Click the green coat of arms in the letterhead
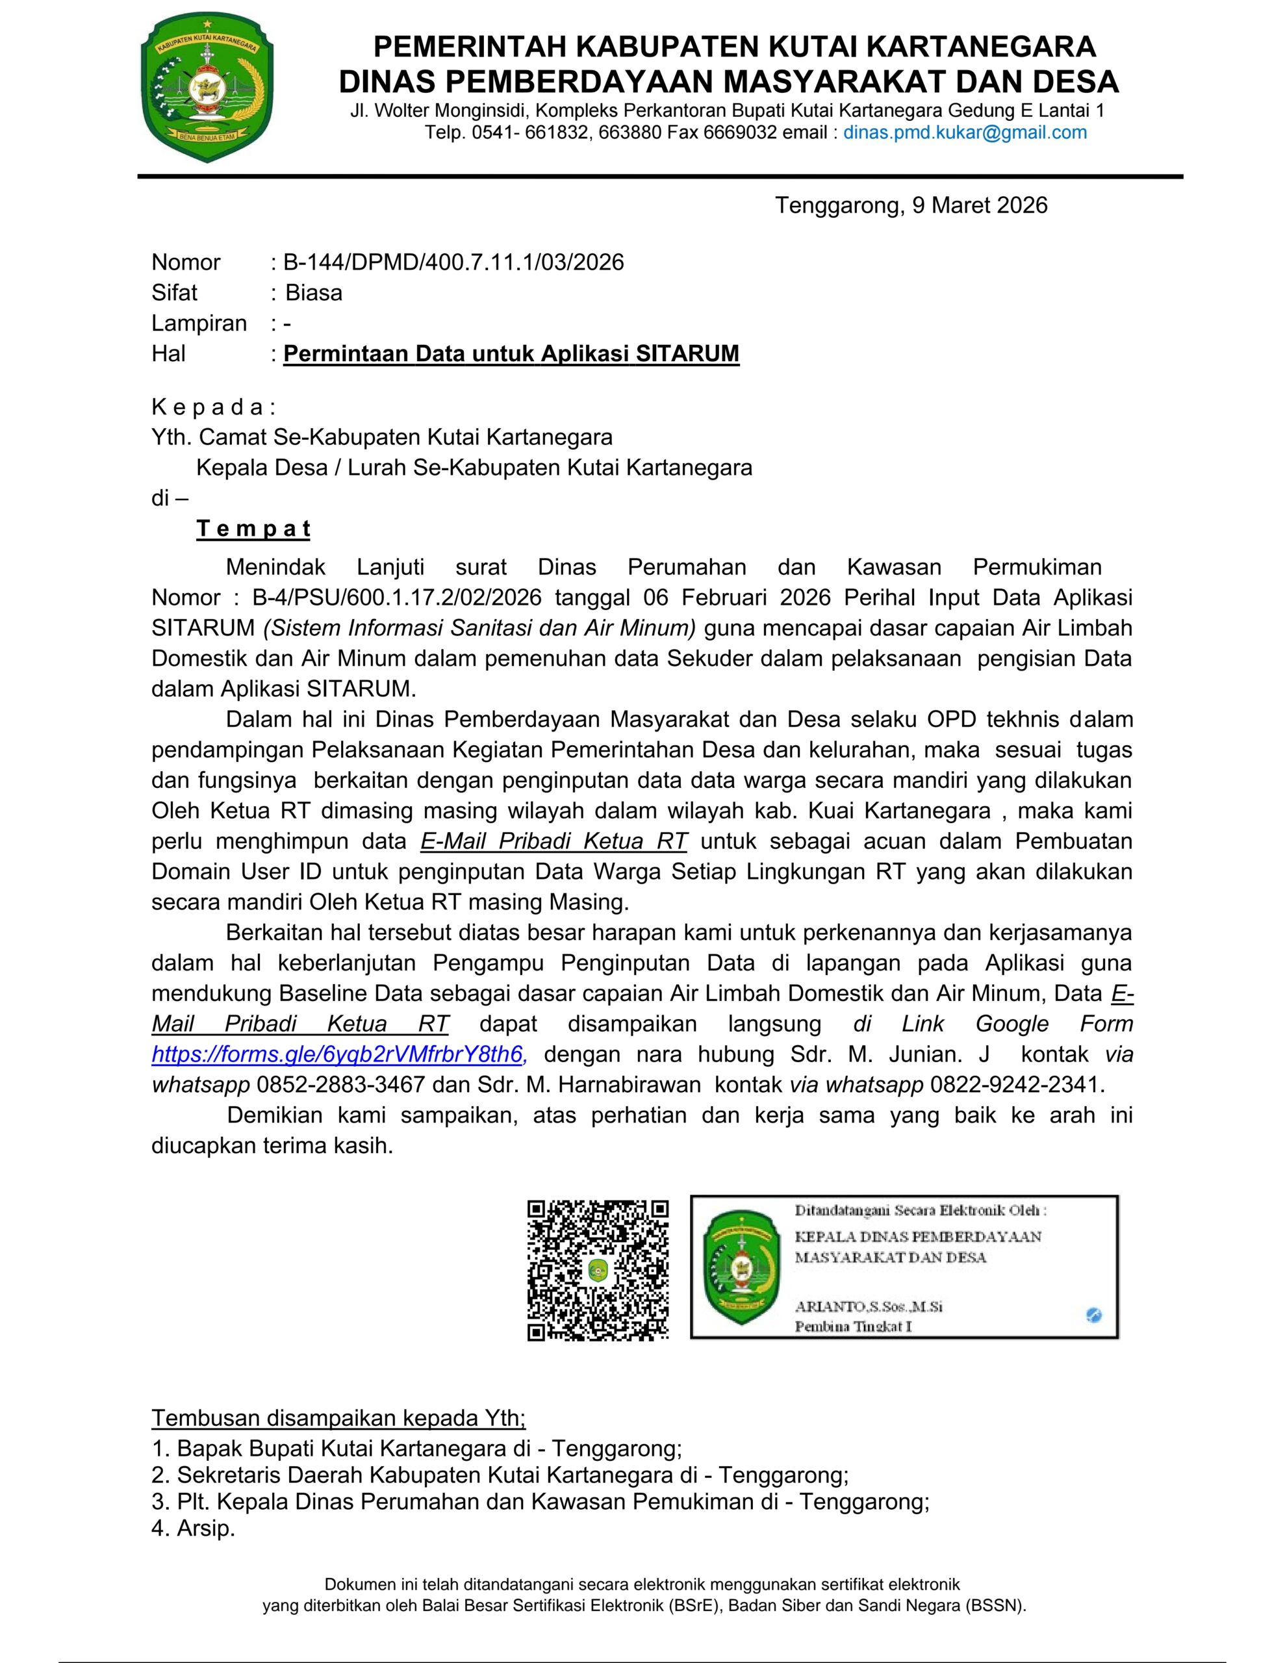click(207, 88)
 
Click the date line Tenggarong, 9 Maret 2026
click(911, 205)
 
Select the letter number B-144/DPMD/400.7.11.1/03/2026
click(453, 262)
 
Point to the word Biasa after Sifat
click(313, 293)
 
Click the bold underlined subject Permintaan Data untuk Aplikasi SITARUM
click(511, 354)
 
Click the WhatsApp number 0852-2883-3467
click(353, 1085)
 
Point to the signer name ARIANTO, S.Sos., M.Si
click(869, 1306)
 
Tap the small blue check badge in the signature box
click(1094, 1314)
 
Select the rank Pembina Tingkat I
click(853, 1327)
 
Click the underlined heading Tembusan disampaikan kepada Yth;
click(339, 1419)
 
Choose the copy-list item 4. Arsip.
click(194, 1529)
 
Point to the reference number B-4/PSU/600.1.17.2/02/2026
click(397, 598)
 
